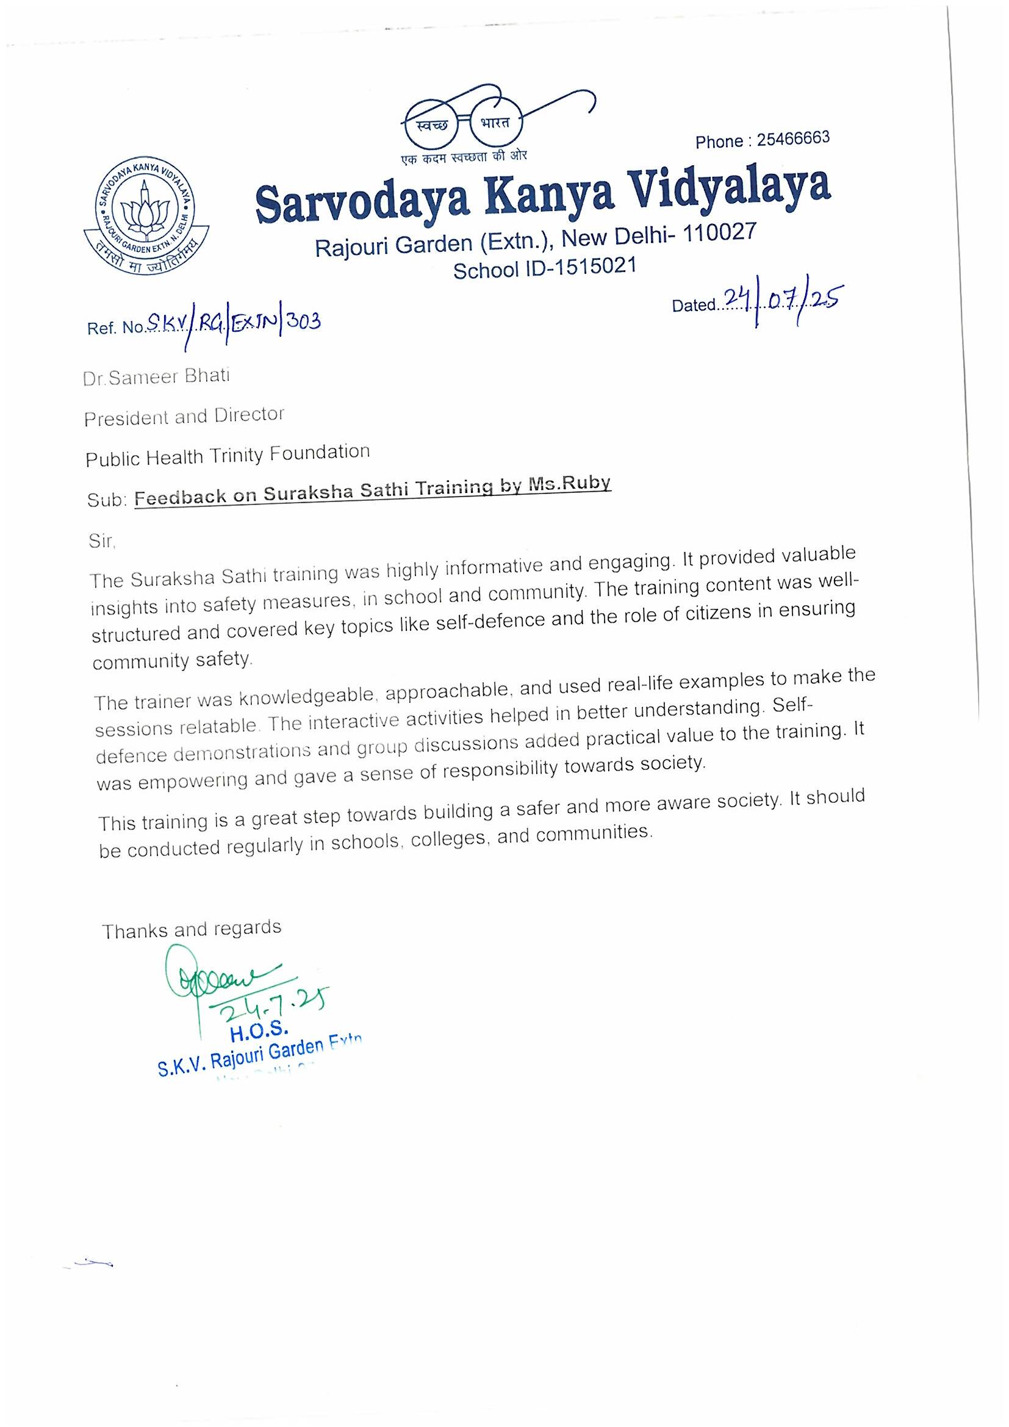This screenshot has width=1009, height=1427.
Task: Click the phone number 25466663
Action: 793,138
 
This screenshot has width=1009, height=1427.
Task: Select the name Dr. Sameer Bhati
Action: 157,376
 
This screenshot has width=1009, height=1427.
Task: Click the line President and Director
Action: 184,416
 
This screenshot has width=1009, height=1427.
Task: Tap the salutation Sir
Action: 102,541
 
